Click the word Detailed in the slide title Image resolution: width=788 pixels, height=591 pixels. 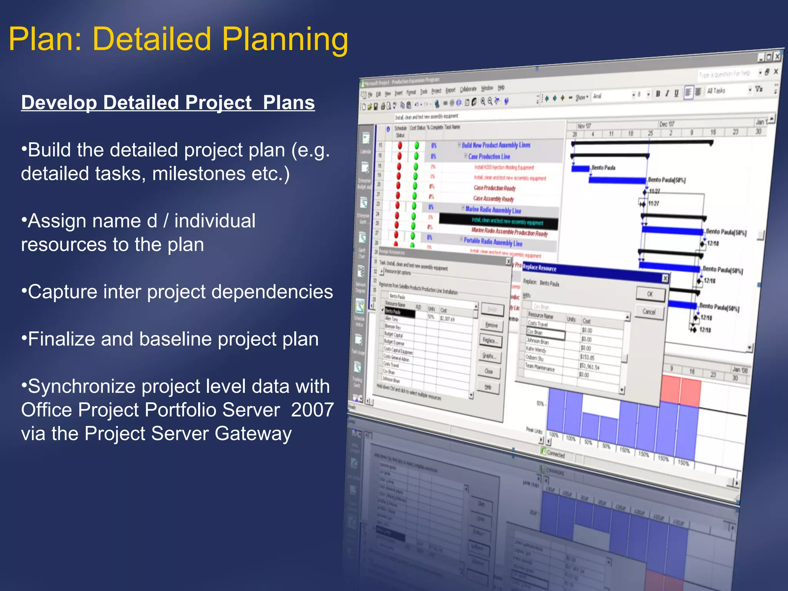pyautogui.click(x=152, y=39)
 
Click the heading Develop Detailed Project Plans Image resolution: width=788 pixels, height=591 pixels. pyautogui.click(x=168, y=103)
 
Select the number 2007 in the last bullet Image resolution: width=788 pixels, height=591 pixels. pyautogui.click(x=312, y=410)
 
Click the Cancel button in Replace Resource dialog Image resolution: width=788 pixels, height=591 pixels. pyautogui.click(x=649, y=312)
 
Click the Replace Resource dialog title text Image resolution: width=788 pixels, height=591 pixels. pyautogui.click(x=539, y=268)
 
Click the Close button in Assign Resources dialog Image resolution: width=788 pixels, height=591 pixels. pyautogui.click(x=489, y=371)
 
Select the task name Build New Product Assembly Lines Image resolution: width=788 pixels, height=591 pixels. pyautogui.click(x=496, y=145)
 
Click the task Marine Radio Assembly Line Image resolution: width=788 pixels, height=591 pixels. pyautogui.click(x=493, y=210)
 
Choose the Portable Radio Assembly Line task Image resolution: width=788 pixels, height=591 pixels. pyautogui.click(x=492, y=242)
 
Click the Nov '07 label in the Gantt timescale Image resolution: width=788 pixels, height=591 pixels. pyautogui.click(x=584, y=126)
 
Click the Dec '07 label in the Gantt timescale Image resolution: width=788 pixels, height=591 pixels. pyautogui.click(x=666, y=124)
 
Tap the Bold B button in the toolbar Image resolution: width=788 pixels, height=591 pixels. pyautogui.click(x=658, y=93)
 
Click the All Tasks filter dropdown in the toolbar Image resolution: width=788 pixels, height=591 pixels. pyautogui.click(x=728, y=90)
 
